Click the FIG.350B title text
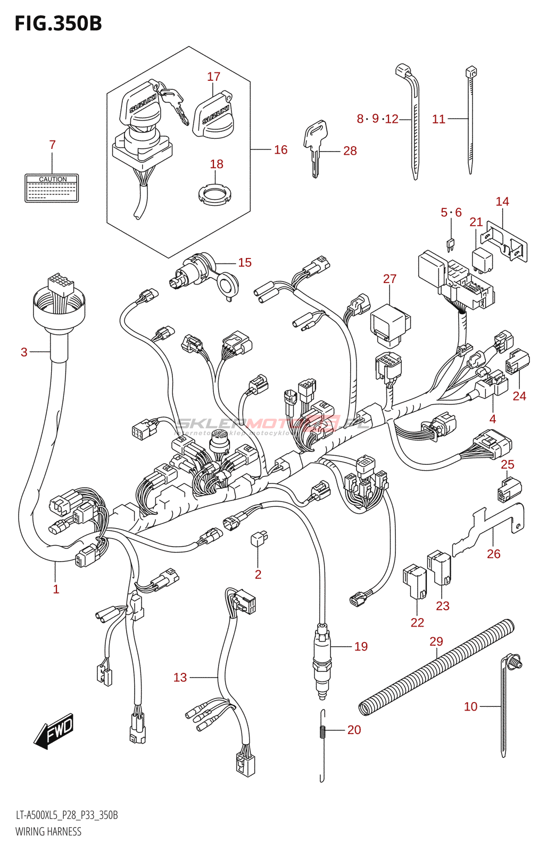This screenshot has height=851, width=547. pyautogui.click(x=58, y=23)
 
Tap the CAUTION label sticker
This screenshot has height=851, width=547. pyautogui.click(x=52, y=188)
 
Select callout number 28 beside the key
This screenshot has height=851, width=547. pyautogui.click(x=350, y=151)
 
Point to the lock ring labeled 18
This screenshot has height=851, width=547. pyautogui.click(x=216, y=195)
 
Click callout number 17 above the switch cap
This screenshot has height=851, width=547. pyautogui.click(x=213, y=77)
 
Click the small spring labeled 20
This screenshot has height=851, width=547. pyautogui.click(x=322, y=732)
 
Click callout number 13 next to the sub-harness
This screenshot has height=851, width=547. pyautogui.click(x=180, y=678)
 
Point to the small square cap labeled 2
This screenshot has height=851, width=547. pyautogui.click(x=258, y=539)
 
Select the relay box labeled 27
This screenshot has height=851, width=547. pyautogui.click(x=390, y=322)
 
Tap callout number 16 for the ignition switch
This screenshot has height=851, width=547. pyautogui.click(x=280, y=150)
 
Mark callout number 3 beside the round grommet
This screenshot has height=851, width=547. pyautogui.click(x=24, y=352)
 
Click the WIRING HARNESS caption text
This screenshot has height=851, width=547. pyautogui.click(x=48, y=832)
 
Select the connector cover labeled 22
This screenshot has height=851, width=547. pyautogui.click(x=415, y=583)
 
